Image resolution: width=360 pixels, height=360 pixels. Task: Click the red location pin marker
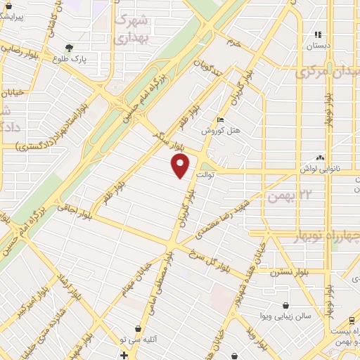pos(181,166)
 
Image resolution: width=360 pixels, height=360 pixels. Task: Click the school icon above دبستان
pos(318,34)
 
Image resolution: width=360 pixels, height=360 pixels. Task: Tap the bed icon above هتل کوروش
pos(221,120)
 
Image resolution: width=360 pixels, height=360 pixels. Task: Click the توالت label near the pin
pos(206,174)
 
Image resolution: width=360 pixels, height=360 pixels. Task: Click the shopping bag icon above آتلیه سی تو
pos(137,328)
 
